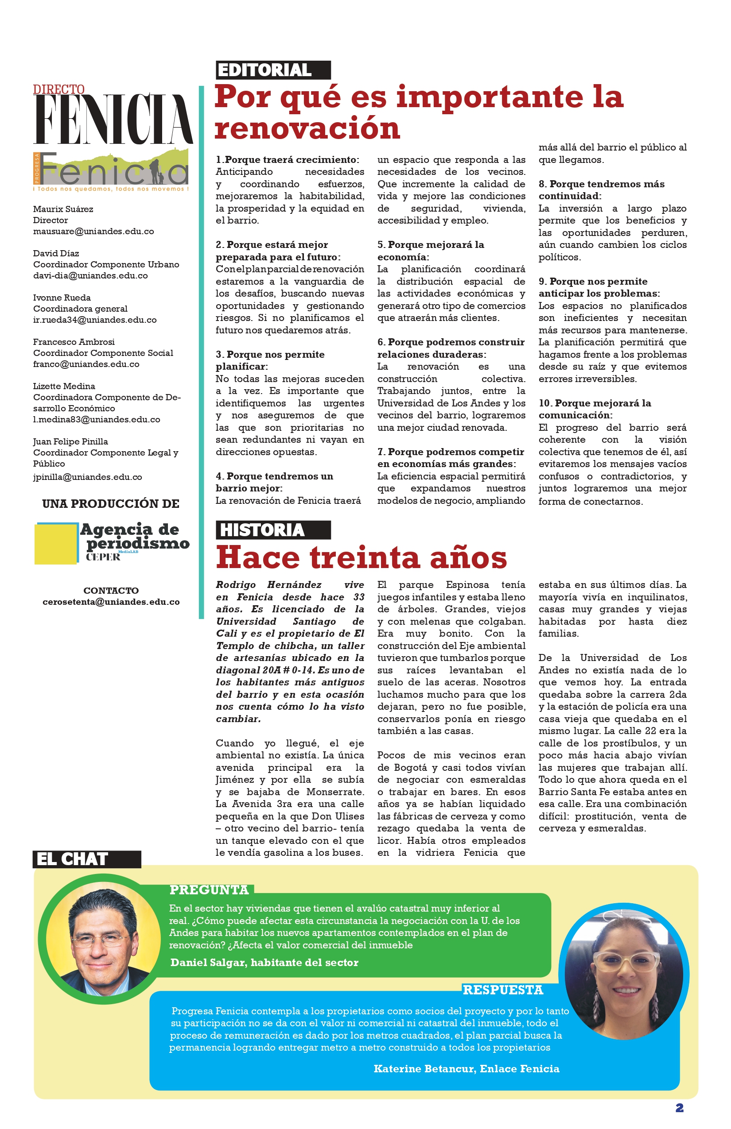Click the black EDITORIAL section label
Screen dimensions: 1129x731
click(273, 70)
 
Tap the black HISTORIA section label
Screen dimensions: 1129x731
click(273, 530)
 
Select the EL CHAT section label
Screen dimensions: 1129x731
click(86, 859)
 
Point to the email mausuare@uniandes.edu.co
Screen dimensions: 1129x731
click(93, 232)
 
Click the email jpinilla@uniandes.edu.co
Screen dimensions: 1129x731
click(87, 477)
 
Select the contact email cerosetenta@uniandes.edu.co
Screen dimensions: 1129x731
click(111, 602)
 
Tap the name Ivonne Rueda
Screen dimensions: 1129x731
click(62, 298)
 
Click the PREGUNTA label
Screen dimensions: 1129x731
click(209, 890)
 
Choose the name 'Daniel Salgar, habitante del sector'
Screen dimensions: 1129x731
click(264, 963)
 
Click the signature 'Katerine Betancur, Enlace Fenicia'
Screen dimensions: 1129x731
click(466, 1069)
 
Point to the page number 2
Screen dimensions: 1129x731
click(679, 1108)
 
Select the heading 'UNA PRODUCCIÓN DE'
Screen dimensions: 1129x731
click(111, 504)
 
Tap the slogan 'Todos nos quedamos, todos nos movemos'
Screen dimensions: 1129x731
click(112, 189)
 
